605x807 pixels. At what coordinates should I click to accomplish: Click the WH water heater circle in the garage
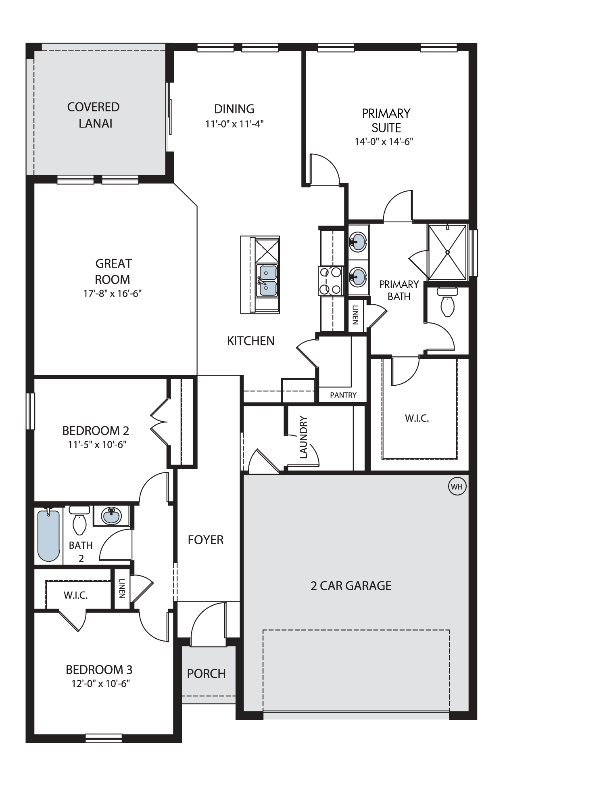457,487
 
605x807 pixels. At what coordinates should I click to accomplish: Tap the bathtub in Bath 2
49,535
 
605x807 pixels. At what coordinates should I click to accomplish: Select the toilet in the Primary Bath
447,302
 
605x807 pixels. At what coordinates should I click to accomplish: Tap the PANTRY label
343,395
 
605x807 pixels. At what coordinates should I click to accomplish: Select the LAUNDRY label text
304,438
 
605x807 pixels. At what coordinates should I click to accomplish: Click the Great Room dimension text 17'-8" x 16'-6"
113,293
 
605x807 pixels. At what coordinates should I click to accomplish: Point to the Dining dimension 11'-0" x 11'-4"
234,123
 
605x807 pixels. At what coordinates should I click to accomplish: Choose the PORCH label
206,673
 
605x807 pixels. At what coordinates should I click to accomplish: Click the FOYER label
206,540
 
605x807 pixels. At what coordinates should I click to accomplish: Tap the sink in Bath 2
111,516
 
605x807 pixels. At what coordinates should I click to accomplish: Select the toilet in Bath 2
79,521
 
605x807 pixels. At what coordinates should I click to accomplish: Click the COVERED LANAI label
94,115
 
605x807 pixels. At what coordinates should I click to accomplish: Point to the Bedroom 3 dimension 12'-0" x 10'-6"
99,684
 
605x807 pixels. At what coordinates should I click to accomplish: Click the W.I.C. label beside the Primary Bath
417,418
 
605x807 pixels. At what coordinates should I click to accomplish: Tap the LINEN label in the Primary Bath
355,315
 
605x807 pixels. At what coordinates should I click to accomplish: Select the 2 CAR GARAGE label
351,586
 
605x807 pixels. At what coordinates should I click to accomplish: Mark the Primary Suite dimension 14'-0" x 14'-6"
384,142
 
